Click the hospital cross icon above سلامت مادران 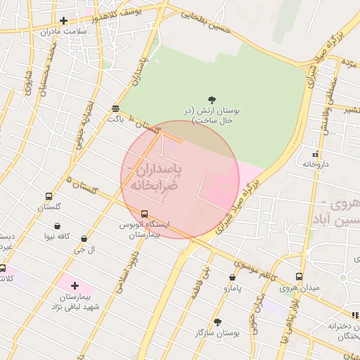coord(64,20)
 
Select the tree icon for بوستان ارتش coord(212,100)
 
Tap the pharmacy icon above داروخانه coord(315,153)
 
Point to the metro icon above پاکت coord(115,108)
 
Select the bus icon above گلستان coord(49,197)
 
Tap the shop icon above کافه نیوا coord(57,226)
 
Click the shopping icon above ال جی coord(84,239)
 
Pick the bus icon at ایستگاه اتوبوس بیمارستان coord(145,214)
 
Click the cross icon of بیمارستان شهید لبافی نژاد coord(75,285)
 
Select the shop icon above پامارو coord(232,278)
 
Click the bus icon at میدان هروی coord(299,277)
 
